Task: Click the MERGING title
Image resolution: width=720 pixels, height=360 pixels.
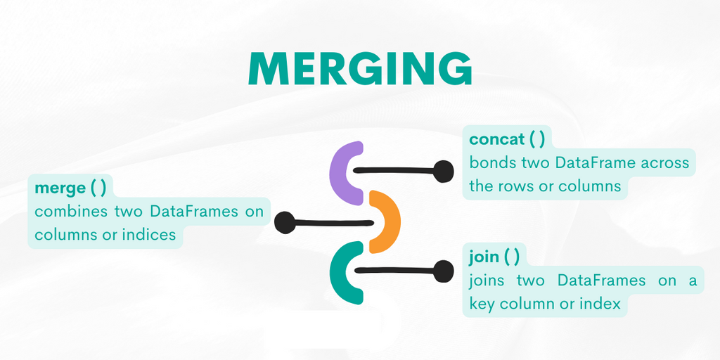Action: click(x=360, y=68)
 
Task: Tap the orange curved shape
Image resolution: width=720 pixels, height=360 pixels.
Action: click(x=385, y=221)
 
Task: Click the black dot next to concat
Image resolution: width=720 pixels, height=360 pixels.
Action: click(x=444, y=172)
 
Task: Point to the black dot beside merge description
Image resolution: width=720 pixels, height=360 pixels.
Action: click(x=285, y=223)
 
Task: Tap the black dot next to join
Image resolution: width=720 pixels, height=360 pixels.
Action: click(x=444, y=271)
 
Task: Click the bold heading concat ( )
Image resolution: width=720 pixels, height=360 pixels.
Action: click(x=507, y=139)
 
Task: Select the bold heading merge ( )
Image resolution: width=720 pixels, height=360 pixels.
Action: click(x=70, y=188)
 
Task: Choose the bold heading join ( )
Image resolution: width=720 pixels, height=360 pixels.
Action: click(x=494, y=256)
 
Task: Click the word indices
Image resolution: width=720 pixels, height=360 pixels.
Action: click(x=149, y=235)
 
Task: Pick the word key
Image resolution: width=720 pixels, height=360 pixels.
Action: click(x=482, y=304)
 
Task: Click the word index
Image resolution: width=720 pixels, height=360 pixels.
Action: click(x=599, y=304)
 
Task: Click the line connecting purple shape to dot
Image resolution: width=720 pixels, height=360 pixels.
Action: click(x=394, y=171)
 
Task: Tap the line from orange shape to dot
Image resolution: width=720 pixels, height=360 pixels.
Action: click(x=333, y=223)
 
